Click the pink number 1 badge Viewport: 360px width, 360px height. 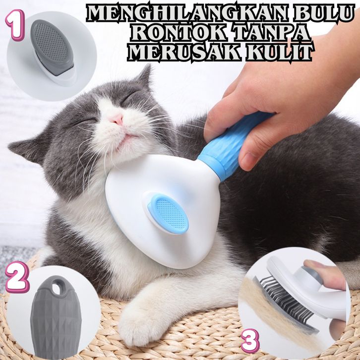(x=15, y=25)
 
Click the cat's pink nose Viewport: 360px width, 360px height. (x=117, y=120)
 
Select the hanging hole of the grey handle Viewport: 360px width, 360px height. (x=56, y=287)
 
